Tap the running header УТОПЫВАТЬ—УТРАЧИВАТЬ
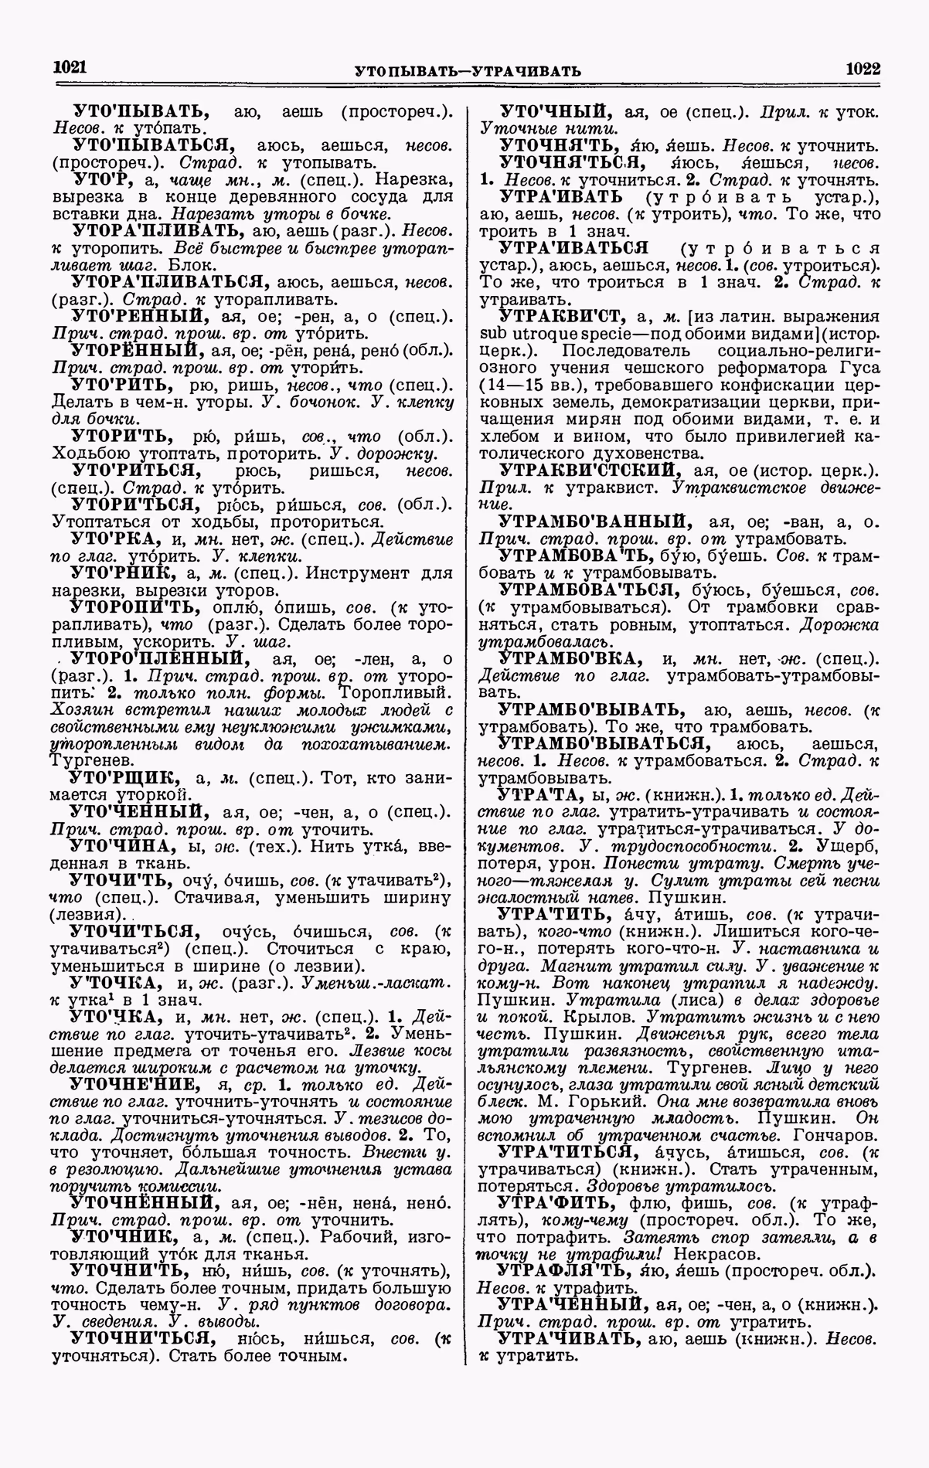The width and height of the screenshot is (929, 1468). [x=467, y=71]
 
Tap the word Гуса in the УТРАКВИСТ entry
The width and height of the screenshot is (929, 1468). [x=852, y=366]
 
